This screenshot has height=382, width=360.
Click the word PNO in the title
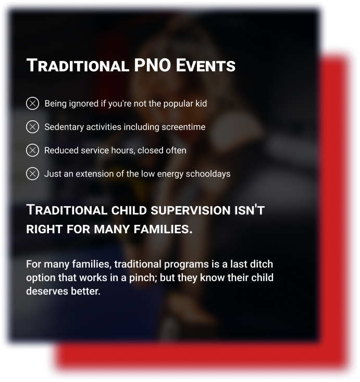click(x=153, y=65)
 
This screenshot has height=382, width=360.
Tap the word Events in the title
click(x=206, y=65)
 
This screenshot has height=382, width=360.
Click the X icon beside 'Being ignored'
click(x=32, y=103)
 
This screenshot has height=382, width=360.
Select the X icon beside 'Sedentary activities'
click(x=32, y=126)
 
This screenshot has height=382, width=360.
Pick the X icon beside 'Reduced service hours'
click(x=32, y=150)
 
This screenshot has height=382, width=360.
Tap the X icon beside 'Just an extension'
click(x=32, y=174)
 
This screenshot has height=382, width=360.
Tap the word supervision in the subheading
click(x=191, y=210)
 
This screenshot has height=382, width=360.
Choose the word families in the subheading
click(x=163, y=229)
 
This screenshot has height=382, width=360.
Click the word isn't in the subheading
click(x=250, y=210)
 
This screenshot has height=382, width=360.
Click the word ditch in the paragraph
click(x=263, y=264)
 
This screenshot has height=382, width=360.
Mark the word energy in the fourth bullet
click(x=170, y=174)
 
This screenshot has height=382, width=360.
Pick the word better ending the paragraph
click(x=85, y=291)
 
